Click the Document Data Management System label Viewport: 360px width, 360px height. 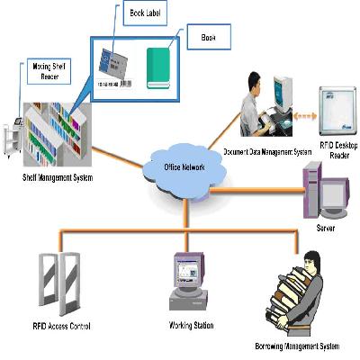pyautogui.click(x=265, y=152)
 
